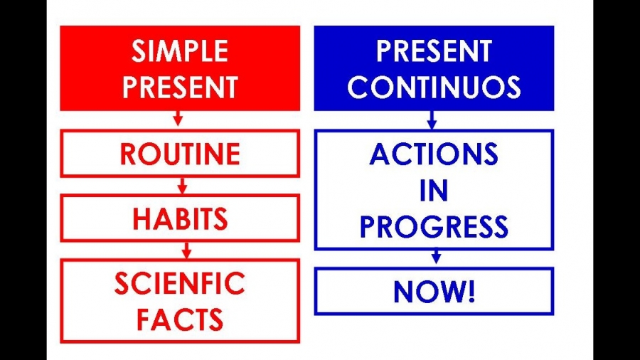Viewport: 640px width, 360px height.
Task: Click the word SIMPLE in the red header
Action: pos(180,51)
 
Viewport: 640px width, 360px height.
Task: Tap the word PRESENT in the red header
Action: pos(180,87)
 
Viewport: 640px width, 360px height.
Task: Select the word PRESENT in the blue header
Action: pos(434,51)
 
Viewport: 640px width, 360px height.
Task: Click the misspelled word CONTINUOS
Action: pos(434,87)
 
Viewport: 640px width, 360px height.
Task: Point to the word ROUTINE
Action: pos(180,154)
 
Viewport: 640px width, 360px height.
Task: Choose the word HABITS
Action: pos(180,219)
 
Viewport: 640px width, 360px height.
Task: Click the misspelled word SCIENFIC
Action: pos(180,283)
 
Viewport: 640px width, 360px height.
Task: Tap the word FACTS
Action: pos(180,319)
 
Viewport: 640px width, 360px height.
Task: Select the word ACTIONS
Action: pos(434,154)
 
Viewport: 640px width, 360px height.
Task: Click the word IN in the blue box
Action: pos(434,191)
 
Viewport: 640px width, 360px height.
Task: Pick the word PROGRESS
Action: pos(434,227)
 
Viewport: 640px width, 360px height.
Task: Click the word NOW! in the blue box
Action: pos(434,292)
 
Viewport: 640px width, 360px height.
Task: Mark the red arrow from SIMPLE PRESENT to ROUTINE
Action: pos(178,118)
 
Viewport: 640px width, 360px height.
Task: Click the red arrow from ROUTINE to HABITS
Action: pos(183,185)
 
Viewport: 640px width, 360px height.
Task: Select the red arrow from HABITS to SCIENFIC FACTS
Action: pos(187,250)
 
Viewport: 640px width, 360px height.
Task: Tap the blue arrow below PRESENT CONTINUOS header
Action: pos(432,120)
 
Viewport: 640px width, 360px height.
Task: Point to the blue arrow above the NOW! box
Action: pos(437,256)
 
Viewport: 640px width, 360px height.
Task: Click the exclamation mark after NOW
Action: pos(471,292)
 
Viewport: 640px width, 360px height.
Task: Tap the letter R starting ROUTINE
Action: pos(128,154)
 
